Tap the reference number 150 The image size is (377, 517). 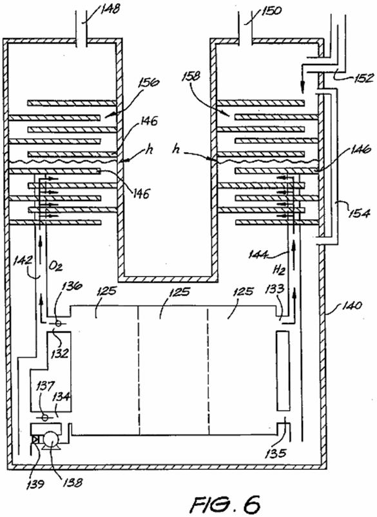[x=271, y=12]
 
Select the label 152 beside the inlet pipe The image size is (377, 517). [x=364, y=79]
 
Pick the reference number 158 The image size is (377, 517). [x=191, y=76]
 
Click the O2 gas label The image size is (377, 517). [x=56, y=266]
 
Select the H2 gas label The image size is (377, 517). [x=277, y=271]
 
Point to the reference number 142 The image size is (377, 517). [x=23, y=260]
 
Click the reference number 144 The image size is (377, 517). [x=258, y=255]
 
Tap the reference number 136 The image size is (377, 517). [x=72, y=286]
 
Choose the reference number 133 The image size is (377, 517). [x=275, y=289]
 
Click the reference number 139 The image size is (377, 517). [x=35, y=483]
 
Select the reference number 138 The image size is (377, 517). [x=72, y=483]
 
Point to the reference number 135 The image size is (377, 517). [x=275, y=453]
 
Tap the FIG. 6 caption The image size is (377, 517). [x=226, y=504]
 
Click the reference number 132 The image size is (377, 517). [x=60, y=353]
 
